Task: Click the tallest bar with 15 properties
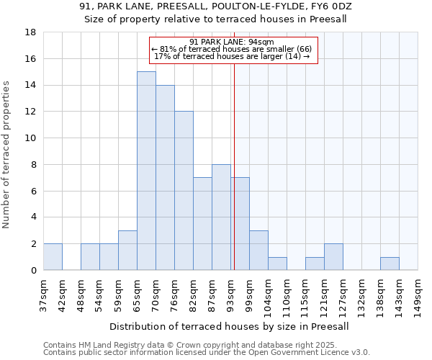(146, 171)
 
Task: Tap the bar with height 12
(184, 191)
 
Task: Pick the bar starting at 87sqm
(221, 217)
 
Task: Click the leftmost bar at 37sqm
(53, 257)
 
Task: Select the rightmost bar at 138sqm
(390, 264)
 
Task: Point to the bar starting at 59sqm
(127, 251)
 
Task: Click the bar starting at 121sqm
(333, 257)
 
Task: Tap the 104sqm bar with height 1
(277, 264)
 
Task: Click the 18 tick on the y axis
(31, 32)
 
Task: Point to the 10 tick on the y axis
(31, 138)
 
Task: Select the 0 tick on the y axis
(33, 271)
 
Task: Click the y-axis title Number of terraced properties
(7, 155)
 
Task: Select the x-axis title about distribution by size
(230, 326)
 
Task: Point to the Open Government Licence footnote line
(207, 353)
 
